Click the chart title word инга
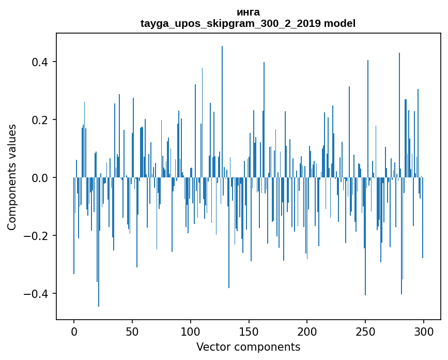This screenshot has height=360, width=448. [x=248, y=12]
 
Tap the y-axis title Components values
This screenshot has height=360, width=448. [x=12, y=177]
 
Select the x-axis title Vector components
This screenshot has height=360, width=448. [x=248, y=347]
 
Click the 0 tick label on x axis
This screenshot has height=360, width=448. [x=74, y=332]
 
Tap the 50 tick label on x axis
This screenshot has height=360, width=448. [x=132, y=332]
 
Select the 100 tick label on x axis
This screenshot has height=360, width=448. [x=191, y=332]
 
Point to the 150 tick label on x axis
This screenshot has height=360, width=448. [x=249, y=332]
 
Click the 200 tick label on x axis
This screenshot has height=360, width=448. [x=307, y=332]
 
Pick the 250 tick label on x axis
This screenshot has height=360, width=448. [x=365, y=332]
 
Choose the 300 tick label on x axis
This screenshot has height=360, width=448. [x=424, y=332]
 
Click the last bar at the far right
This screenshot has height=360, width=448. [x=423, y=218]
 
